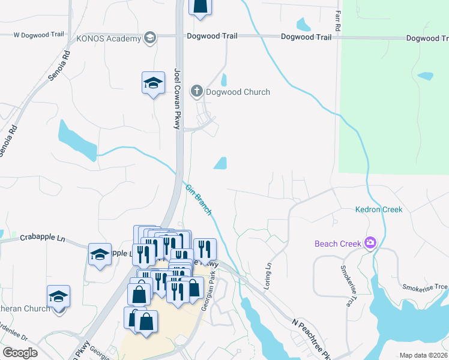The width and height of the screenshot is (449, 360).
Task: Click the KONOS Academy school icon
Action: pos(149,38)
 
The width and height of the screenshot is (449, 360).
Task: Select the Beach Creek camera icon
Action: pos(370,243)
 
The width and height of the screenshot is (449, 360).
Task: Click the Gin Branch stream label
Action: pos(198,200)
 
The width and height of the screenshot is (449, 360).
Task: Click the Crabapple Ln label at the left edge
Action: pos(42,238)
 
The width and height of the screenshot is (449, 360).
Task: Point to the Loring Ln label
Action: pos(268,273)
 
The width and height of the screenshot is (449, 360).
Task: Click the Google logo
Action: pos(20,353)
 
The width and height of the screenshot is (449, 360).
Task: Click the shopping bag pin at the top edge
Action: pos(200,6)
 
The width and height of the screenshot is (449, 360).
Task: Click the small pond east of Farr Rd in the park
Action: pos(425,76)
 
